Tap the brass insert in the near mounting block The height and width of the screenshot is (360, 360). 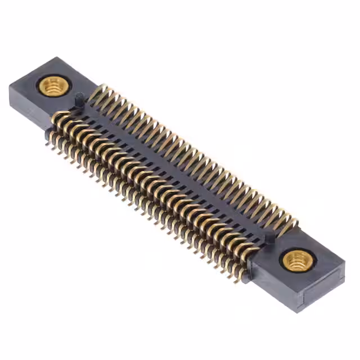point(296,260)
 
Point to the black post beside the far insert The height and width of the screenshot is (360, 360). point(80,98)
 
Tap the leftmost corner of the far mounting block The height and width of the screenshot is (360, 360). point(10,85)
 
